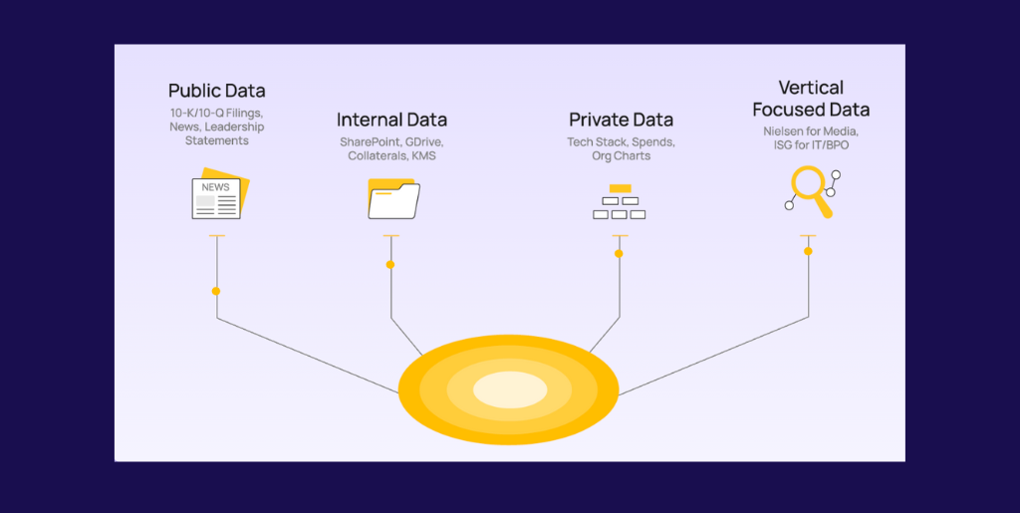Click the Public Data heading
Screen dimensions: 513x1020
(216, 92)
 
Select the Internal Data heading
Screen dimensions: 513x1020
(391, 121)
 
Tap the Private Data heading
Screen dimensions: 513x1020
(621, 121)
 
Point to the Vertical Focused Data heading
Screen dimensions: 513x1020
(810, 99)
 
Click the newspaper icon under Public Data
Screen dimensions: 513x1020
(219, 195)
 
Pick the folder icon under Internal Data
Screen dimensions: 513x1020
(394, 197)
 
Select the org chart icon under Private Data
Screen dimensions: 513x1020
(620, 202)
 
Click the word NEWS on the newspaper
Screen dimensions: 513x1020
(215, 187)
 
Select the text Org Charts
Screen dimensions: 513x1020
(621, 156)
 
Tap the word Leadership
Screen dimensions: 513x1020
(234, 128)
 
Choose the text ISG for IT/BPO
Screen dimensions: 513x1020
(810, 145)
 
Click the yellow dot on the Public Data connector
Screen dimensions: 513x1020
(216, 291)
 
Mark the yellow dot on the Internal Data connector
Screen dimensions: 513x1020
(390, 265)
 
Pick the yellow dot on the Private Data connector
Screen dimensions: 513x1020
(619, 254)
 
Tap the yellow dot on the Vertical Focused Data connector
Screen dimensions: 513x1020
(808, 251)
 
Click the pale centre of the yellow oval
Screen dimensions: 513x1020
(509, 389)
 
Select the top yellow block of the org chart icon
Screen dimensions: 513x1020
(620, 188)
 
